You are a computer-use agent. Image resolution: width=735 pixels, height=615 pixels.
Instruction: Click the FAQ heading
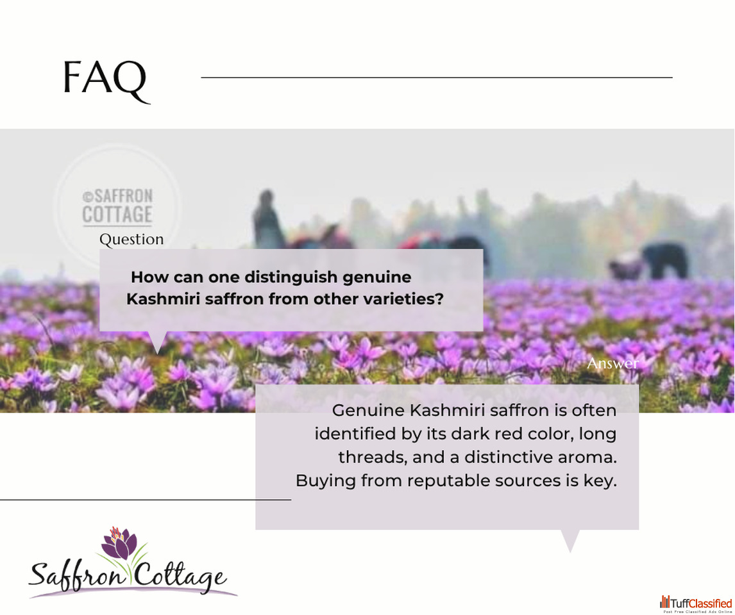(106, 80)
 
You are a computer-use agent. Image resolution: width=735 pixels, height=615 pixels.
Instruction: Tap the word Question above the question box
(131, 239)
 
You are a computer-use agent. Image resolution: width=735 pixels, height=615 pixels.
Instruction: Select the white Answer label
(612, 363)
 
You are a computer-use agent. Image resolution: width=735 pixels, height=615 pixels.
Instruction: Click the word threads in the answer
(373, 457)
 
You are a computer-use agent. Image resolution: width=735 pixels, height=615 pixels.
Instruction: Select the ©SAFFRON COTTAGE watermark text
(117, 206)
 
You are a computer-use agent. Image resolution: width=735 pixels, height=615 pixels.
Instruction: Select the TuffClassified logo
(696, 603)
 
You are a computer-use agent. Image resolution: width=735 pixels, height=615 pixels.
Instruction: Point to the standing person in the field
(268, 218)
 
